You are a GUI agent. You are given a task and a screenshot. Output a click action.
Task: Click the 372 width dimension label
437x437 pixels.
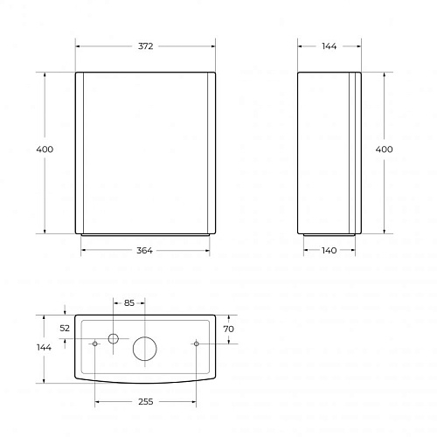[x=145, y=46]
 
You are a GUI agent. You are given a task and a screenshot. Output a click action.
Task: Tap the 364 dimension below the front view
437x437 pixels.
[x=144, y=251]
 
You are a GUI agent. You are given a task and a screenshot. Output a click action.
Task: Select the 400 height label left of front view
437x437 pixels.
[x=45, y=149]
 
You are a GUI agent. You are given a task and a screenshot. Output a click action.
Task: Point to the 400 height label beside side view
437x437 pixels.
[x=384, y=149]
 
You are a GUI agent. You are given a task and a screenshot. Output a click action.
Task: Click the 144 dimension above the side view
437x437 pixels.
[x=329, y=46]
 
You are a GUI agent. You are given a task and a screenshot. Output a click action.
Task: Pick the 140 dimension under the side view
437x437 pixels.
[x=329, y=251]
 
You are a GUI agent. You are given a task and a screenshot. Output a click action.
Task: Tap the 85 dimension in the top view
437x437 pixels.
[x=129, y=303]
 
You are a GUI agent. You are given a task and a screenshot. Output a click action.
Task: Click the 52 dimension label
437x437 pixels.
[x=65, y=329]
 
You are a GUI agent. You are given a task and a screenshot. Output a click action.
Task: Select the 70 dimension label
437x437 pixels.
[x=228, y=329]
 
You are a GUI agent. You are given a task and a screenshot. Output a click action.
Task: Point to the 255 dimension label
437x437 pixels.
[x=146, y=402]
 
